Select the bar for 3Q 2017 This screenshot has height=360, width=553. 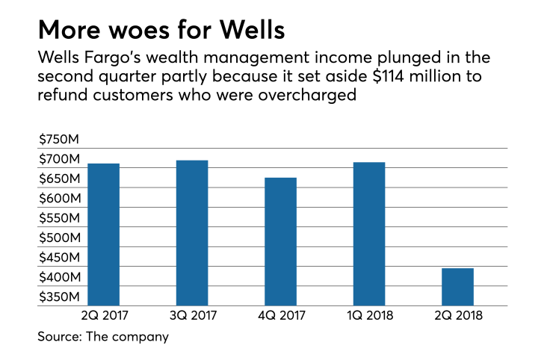click(192, 232)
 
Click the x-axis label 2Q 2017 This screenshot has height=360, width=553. click(103, 315)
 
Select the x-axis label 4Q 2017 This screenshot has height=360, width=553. click(280, 315)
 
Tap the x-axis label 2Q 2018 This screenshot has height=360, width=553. click(457, 315)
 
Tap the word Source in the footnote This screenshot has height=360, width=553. click(59, 337)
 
